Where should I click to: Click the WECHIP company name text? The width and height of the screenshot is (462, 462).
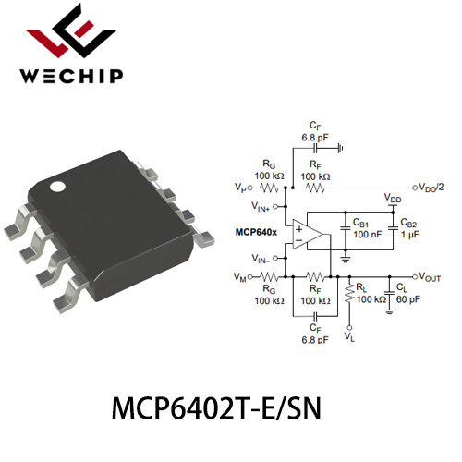click(x=71, y=76)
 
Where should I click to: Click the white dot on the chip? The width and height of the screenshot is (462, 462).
click(x=58, y=187)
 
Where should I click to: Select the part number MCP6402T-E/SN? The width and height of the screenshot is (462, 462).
click(x=216, y=408)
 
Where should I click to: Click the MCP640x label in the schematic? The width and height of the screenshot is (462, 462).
click(x=256, y=232)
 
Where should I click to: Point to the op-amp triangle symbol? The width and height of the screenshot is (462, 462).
click(x=308, y=235)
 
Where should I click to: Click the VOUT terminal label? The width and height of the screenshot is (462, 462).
click(x=431, y=277)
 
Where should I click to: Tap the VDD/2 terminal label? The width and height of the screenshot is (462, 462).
click(x=432, y=188)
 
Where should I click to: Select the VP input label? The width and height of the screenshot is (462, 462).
click(x=240, y=188)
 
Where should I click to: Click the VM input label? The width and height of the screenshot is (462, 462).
click(x=240, y=277)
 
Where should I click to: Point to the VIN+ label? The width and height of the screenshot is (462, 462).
click(x=261, y=206)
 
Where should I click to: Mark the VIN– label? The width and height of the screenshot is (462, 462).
click(x=261, y=259)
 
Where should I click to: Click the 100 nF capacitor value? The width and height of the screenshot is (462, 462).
click(x=367, y=235)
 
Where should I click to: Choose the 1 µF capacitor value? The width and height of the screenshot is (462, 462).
click(x=410, y=235)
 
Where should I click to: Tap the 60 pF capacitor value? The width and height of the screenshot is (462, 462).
click(x=408, y=299)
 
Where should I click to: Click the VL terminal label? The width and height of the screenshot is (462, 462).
click(x=349, y=336)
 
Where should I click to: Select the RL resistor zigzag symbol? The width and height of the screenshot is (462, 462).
click(x=349, y=293)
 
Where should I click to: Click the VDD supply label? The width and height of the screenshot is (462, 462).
click(x=393, y=198)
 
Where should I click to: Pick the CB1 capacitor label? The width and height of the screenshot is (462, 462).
click(x=360, y=223)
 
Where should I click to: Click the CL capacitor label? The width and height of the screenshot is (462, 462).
click(x=402, y=287)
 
